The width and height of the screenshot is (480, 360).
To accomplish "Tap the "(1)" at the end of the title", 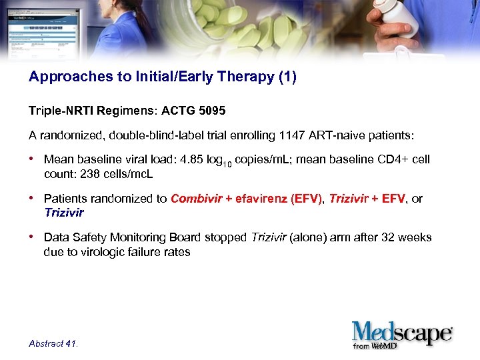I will (x=285, y=77).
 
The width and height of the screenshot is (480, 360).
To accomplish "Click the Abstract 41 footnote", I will (x=53, y=343).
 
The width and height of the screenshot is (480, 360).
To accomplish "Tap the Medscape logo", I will (x=402, y=333).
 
